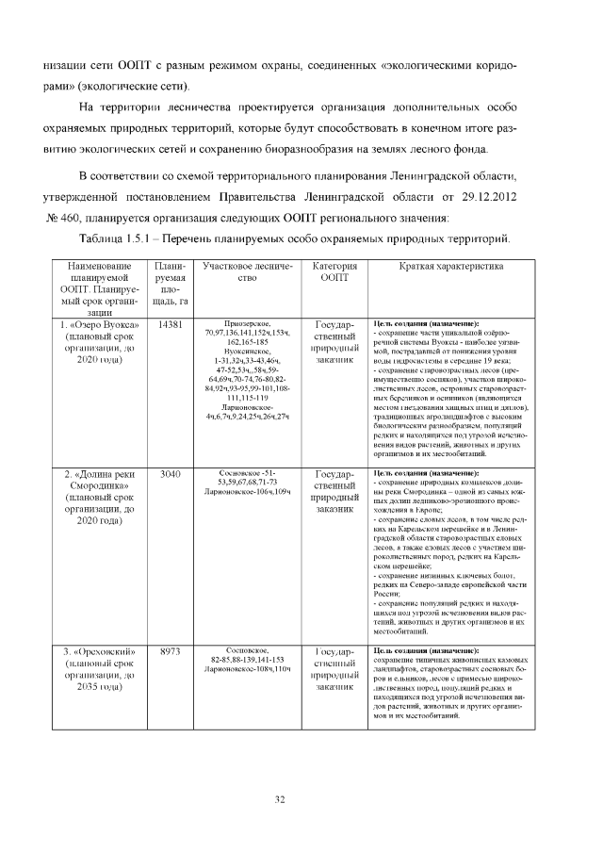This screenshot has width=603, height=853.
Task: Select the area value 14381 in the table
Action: [170, 324]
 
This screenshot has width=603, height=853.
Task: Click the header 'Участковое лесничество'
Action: [248, 272]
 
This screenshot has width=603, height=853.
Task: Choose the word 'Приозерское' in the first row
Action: [248, 322]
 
